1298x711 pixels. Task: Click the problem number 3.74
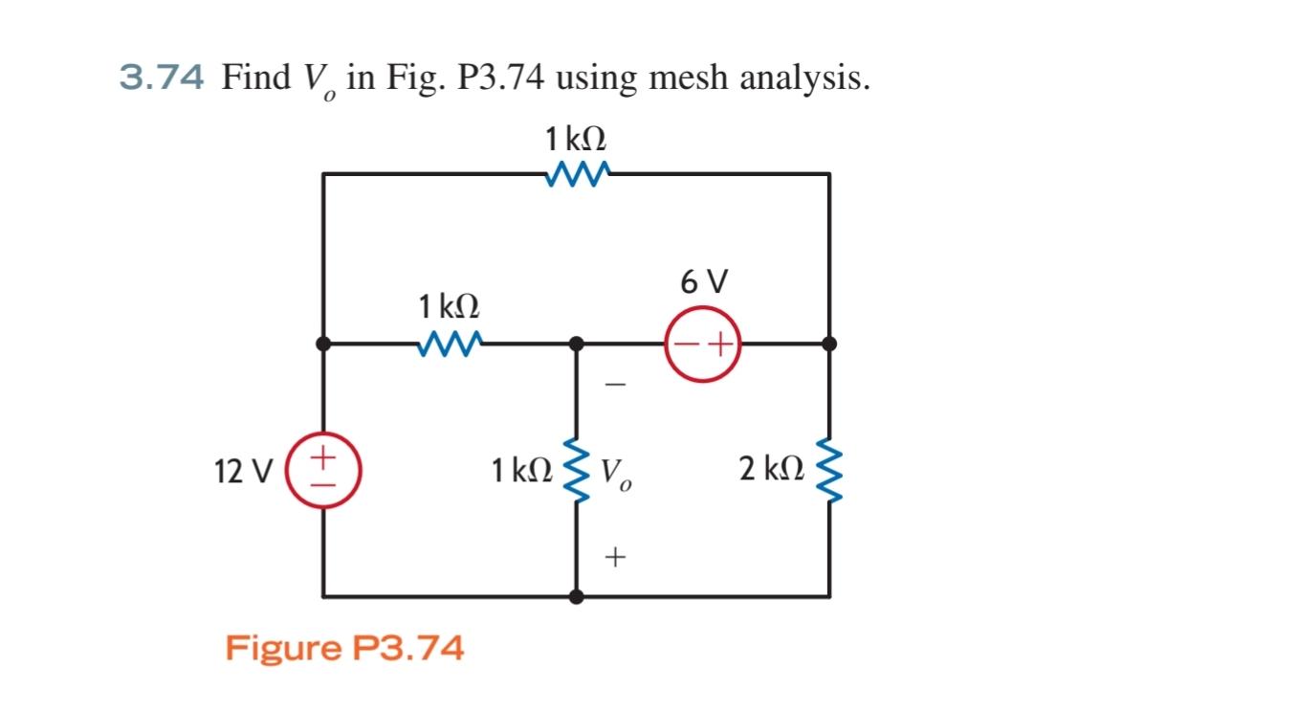tap(161, 77)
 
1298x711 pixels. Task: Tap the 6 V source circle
tap(704, 343)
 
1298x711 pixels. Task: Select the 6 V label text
tap(704, 282)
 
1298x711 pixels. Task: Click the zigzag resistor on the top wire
tap(576, 174)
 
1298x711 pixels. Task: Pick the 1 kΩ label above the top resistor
tap(576, 140)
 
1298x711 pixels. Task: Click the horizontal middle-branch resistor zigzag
tap(450, 343)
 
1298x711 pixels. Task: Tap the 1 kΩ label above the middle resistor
tap(449, 307)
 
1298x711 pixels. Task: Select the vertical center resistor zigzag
tap(577, 470)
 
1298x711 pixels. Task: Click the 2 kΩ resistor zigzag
tap(828, 470)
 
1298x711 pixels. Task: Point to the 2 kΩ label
tap(770, 470)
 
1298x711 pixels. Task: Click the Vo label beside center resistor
tap(616, 472)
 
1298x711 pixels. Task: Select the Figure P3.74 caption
tap(344, 648)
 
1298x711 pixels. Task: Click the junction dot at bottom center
tap(577, 596)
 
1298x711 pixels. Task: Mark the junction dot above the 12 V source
tap(323, 343)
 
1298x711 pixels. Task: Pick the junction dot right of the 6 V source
tap(828, 343)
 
